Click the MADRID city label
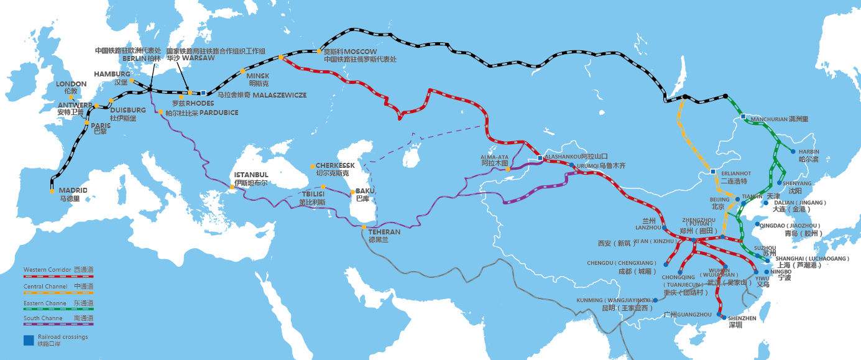pos(73,190)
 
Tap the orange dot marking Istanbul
pos(232,187)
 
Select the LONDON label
pos(71,83)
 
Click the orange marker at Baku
pos(351,192)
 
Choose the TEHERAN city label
pos(384,232)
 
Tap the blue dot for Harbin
pos(793,151)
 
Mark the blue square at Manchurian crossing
pos(743,116)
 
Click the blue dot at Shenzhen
pos(723,317)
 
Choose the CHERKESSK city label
pos(335,165)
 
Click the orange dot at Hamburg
pos(132,81)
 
